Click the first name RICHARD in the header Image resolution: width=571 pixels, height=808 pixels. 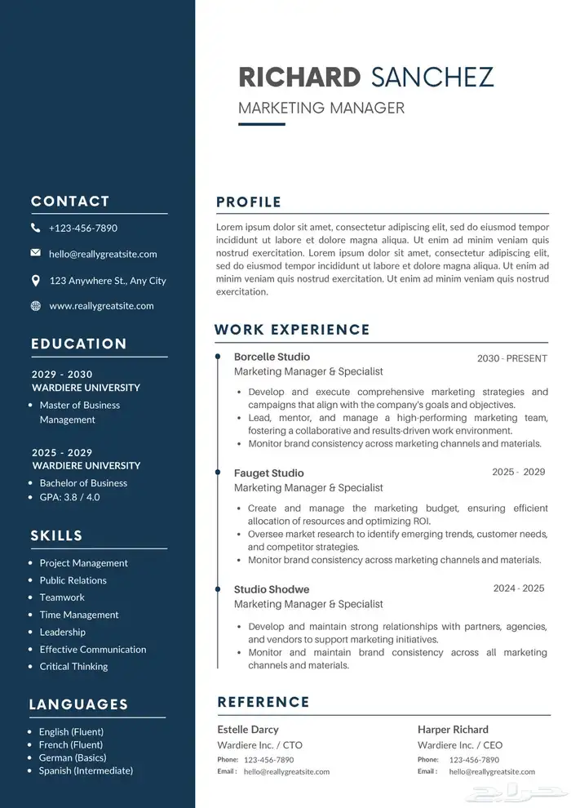click(x=299, y=77)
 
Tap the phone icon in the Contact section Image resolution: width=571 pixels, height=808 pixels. click(x=35, y=228)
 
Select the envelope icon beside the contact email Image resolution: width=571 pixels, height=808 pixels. click(x=35, y=253)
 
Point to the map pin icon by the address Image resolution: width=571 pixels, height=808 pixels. click(x=35, y=280)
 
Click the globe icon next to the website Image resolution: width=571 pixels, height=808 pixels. click(x=35, y=306)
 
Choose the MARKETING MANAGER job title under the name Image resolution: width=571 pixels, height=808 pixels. click(x=321, y=108)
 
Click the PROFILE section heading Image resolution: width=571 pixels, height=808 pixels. click(x=249, y=202)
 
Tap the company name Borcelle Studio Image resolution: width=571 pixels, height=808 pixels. click(x=272, y=357)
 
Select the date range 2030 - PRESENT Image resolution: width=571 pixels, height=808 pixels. click(x=512, y=358)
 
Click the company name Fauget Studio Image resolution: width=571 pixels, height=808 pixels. click(x=268, y=473)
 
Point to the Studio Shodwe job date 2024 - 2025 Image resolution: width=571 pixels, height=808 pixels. click(x=519, y=588)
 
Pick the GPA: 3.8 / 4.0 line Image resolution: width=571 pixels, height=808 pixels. click(x=69, y=497)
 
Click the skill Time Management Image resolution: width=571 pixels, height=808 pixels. click(x=79, y=615)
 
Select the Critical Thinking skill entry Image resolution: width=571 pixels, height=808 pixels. click(x=73, y=666)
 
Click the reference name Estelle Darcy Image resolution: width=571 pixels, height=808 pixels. click(x=248, y=730)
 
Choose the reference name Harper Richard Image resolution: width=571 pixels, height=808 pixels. click(x=453, y=730)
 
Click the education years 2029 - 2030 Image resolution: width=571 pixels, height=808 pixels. click(x=63, y=374)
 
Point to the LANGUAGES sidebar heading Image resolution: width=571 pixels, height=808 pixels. click(x=78, y=704)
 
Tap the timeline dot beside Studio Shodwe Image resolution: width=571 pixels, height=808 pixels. click(x=218, y=588)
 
